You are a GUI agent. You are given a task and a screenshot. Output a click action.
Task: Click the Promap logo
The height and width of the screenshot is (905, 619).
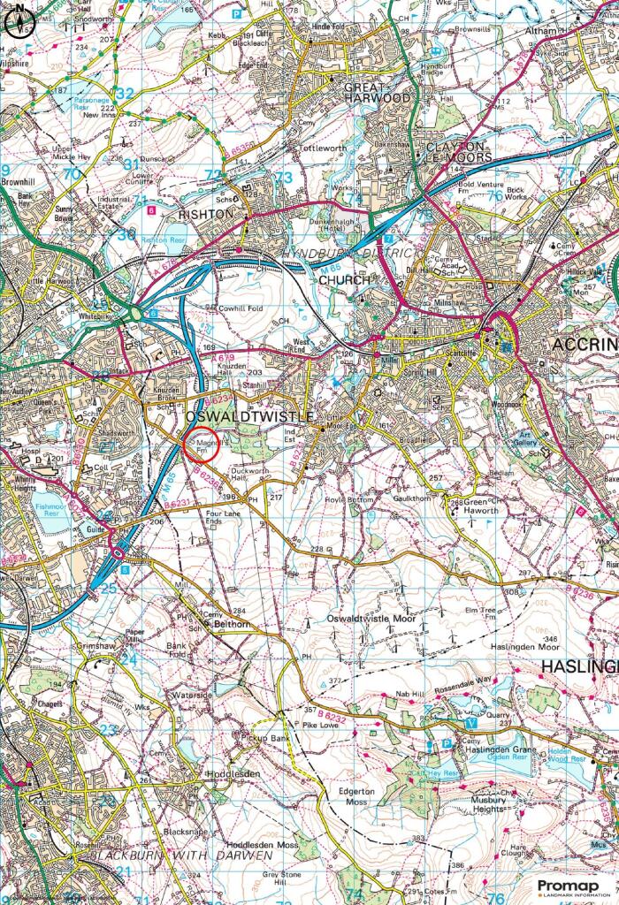coord(571,886)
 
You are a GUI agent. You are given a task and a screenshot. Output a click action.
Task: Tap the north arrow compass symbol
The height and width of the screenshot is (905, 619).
coord(16,23)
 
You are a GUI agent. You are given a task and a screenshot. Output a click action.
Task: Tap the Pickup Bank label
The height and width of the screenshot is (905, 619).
coord(266,737)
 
